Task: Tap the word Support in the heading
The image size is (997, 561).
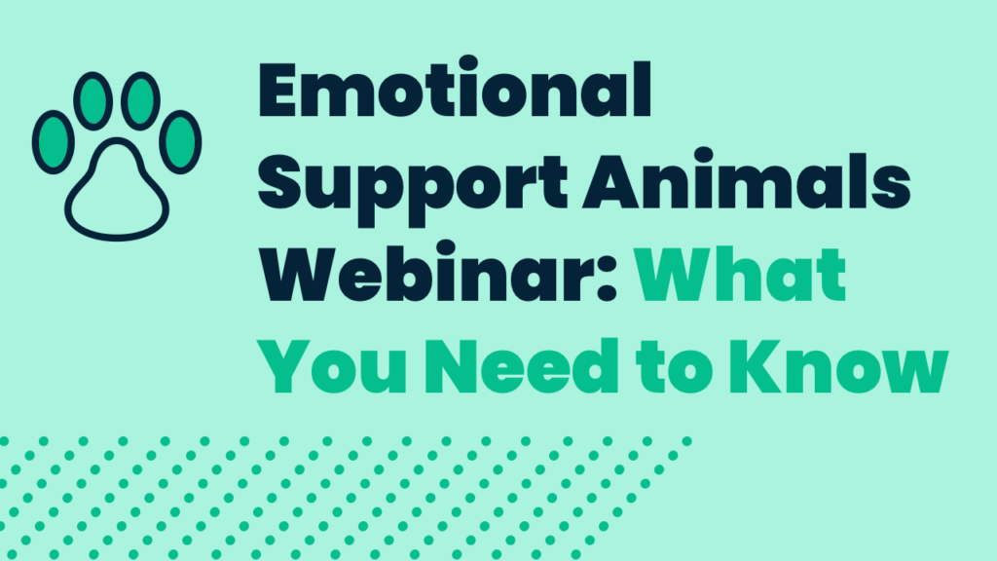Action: point(412,186)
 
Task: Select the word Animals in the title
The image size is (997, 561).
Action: point(747,180)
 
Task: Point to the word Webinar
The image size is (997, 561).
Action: point(429,273)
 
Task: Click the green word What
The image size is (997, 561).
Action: point(740,274)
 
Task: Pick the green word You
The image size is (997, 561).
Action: point(334,366)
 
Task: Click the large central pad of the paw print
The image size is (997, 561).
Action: point(117,194)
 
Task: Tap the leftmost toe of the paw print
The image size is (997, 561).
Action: point(54,142)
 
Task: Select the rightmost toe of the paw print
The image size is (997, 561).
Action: point(180,142)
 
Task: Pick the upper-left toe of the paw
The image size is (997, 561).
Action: point(92,101)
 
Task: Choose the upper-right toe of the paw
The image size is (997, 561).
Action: point(140,101)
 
